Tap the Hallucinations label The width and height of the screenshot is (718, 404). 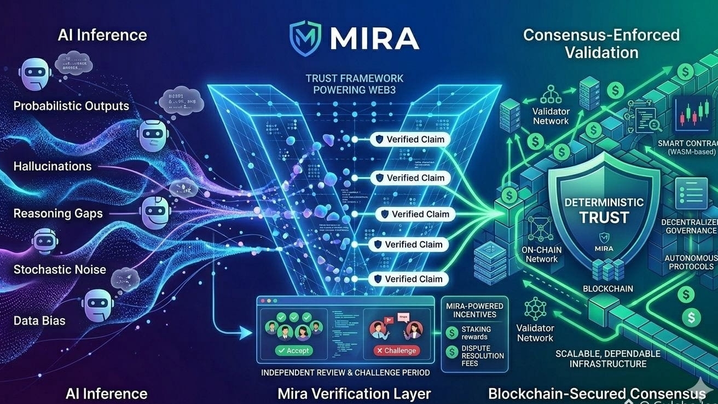click(53, 166)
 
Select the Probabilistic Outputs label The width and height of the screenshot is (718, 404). click(71, 106)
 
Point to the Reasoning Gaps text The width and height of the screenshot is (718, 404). click(58, 213)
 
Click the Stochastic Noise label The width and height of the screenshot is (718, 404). click(60, 269)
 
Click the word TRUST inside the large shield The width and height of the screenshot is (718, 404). click(604, 217)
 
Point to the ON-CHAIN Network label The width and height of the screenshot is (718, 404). click(542, 255)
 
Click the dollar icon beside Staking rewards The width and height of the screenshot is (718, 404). click(452, 332)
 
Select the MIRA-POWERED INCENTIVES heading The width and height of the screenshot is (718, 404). click(471, 310)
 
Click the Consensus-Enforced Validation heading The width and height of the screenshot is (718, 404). click(601, 44)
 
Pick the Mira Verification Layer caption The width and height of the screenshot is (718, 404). click(354, 394)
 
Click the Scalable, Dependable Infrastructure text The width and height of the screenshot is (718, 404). click(607, 359)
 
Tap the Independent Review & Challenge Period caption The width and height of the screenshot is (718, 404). click(345, 373)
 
